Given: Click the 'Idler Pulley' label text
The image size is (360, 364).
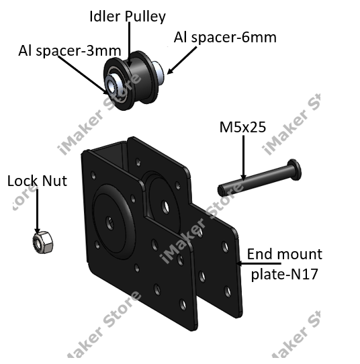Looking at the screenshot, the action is [x=128, y=17].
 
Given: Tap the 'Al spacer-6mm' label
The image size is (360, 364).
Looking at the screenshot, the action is [x=225, y=38].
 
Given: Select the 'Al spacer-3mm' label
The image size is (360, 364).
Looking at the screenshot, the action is [x=70, y=50].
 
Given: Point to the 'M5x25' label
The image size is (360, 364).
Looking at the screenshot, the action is [x=242, y=127].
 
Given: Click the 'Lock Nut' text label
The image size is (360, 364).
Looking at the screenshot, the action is [x=37, y=181].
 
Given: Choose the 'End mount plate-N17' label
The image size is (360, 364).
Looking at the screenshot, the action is [x=285, y=264].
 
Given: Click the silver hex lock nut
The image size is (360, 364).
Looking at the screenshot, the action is [x=43, y=242].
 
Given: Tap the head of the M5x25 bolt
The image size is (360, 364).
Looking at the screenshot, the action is [x=294, y=169].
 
